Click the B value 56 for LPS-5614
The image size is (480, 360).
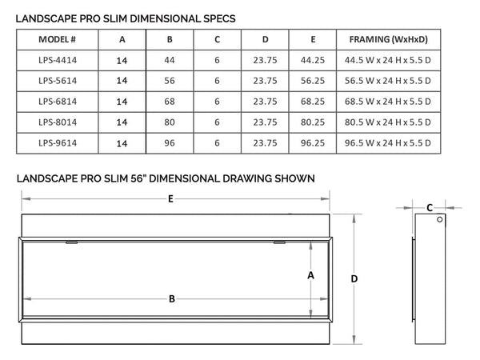coord(170,80)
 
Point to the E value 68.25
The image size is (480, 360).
coord(313,101)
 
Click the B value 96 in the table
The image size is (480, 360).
coord(170,143)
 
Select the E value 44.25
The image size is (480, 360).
coord(313,59)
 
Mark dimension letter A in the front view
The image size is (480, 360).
coord(311,274)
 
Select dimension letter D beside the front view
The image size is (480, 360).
coord(354,278)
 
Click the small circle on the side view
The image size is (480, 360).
coord(439,222)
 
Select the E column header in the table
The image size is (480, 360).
coord(313,38)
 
